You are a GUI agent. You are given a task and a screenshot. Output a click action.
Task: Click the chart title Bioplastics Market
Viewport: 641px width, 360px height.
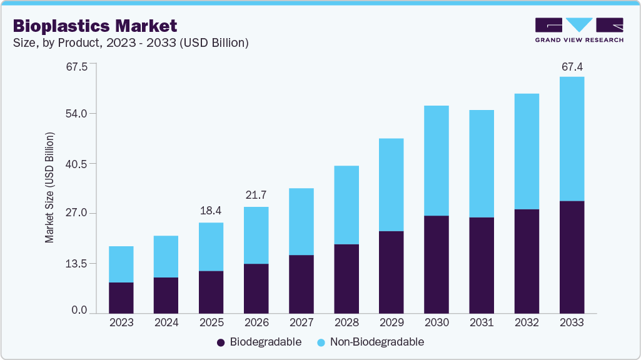[95, 26]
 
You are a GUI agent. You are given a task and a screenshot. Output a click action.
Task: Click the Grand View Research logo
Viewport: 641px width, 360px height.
[579, 30]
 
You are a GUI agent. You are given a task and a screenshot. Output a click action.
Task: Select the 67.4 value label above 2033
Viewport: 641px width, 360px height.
[572, 67]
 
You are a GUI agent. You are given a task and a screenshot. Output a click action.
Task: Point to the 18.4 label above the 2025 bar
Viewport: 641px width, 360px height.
[211, 211]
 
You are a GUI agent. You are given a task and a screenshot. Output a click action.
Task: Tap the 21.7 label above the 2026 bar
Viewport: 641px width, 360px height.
[256, 196]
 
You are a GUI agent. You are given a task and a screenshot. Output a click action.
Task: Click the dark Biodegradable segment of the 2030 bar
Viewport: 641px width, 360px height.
[437, 264]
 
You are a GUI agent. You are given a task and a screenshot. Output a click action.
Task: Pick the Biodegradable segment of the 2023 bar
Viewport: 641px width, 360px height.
[121, 297]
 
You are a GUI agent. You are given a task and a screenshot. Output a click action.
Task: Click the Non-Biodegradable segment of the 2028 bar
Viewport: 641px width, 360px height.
[346, 205]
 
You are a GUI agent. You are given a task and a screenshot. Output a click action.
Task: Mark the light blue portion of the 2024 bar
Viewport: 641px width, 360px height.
[166, 256]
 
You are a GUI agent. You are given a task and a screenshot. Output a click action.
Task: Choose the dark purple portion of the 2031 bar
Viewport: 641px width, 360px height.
[482, 265]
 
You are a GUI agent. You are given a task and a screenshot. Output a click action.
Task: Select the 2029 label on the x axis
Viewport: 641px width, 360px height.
[391, 323]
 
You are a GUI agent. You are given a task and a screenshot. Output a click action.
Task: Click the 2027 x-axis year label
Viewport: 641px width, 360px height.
[301, 323]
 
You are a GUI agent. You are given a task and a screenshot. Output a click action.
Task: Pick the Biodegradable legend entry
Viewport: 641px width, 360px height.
[259, 342]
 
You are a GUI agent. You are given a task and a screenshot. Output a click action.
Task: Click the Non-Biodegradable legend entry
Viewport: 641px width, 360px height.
[370, 342]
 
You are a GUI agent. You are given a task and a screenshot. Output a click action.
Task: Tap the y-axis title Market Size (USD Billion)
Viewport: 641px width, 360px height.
[50, 187]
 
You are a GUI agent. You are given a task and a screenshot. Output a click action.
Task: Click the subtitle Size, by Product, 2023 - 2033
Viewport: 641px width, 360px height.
[131, 43]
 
